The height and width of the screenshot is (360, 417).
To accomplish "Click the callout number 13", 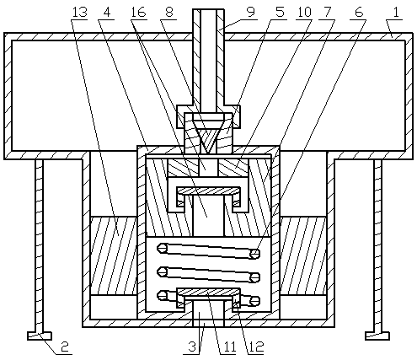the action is pyautogui.click(x=79, y=13).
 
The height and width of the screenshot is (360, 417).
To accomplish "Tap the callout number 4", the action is pyautogui.click(x=107, y=13).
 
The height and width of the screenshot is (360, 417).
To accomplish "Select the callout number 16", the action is pyautogui.click(x=139, y=13).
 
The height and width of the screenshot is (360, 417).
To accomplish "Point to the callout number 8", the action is pyautogui.click(x=168, y=13).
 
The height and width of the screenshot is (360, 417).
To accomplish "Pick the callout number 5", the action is pyautogui.click(x=280, y=13).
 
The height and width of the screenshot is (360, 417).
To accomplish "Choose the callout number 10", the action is pyautogui.click(x=304, y=13).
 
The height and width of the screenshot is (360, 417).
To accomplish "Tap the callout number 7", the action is pyautogui.click(x=327, y=13).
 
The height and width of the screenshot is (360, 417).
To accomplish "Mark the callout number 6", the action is pyautogui.click(x=359, y=13).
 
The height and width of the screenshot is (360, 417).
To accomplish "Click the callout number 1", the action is pyautogui.click(x=396, y=13).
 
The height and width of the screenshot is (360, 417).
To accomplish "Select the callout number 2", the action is pyautogui.click(x=65, y=347).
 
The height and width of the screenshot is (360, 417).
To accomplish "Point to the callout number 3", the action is pyautogui.click(x=192, y=347).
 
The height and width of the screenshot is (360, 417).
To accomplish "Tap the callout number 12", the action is pyautogui.click(x=256, y=347).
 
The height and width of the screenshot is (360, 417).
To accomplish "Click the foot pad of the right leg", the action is pyautogui.click(x=377, y=336).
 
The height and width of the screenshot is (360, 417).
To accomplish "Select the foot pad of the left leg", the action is pyautogui.click(x=40, y=336).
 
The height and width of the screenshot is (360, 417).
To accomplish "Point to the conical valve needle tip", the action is pyautogui.click(x=208, y=153).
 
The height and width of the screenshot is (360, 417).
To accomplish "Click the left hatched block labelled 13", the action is pyautogui.click(x=114, y=255).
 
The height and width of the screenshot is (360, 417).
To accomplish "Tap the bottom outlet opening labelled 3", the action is pyautogui.click(x=208, y=314).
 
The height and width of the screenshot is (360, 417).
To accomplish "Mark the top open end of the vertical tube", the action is pyautogui.click(x=208, y=10).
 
